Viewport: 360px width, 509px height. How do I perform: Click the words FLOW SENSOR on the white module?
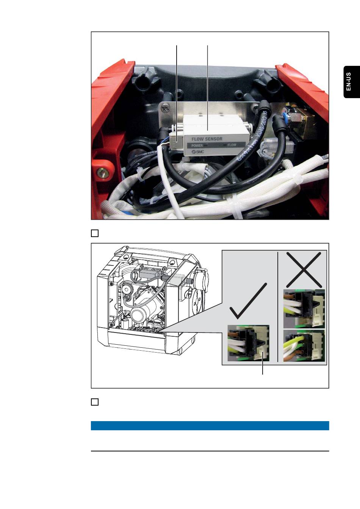point(207,139)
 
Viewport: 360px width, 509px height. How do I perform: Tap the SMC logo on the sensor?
point(197,151)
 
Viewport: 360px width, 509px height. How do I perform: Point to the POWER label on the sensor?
point(197,145)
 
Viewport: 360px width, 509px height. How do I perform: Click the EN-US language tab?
point(351,82)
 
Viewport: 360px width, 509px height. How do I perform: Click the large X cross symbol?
point(304,270)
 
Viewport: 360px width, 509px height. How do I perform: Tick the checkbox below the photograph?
point(95,233)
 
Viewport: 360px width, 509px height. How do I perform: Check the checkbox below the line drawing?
point(95,402)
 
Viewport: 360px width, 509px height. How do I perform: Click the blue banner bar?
point(210,425)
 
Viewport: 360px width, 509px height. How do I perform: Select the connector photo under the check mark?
point(248,343)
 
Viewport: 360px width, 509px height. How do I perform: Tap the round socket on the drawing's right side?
point(200,276)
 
